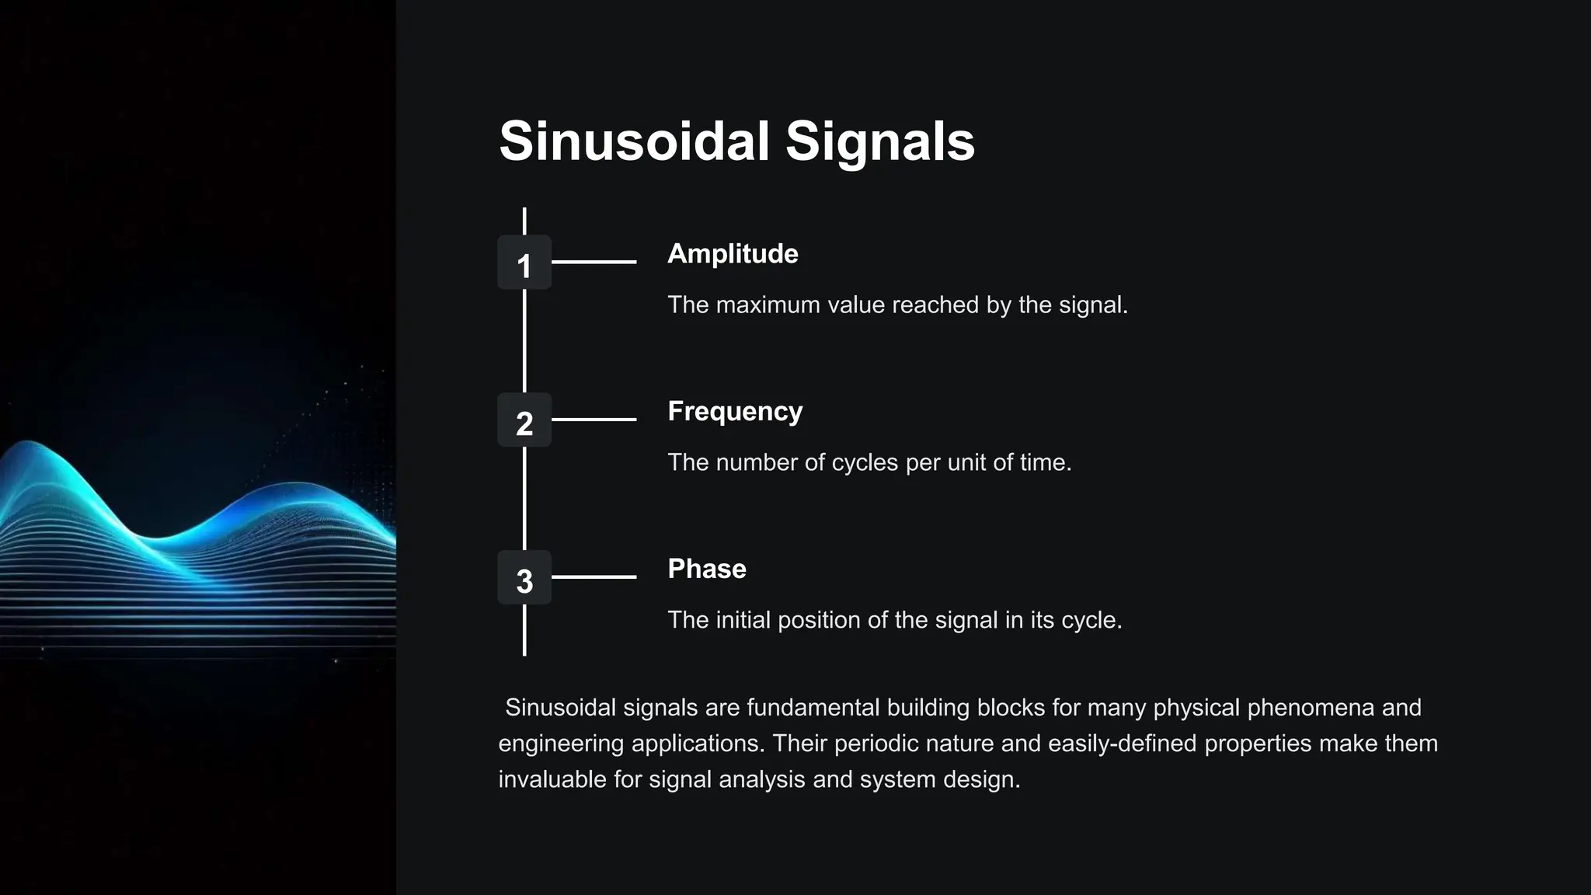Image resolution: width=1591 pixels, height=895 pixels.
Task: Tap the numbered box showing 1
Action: pos(524,263)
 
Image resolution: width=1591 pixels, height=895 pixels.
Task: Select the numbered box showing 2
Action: pos(524,420)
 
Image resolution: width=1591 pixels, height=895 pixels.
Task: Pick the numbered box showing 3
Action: pos(524,578)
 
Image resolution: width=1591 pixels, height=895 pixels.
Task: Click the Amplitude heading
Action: pos(733,254)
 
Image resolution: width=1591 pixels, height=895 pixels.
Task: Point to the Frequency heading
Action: pos(735,412)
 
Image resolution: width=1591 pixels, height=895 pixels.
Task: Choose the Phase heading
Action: pos(707,569)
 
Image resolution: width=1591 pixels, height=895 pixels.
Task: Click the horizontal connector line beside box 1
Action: pos(594,263)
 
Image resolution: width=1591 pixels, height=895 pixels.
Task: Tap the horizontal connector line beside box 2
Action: pos(594,420)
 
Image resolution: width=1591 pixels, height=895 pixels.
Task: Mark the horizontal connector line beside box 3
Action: pos(594,577)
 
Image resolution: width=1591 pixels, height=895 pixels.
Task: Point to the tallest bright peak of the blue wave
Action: pos(30,444)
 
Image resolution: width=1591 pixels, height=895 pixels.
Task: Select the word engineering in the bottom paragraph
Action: pos(561,744)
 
